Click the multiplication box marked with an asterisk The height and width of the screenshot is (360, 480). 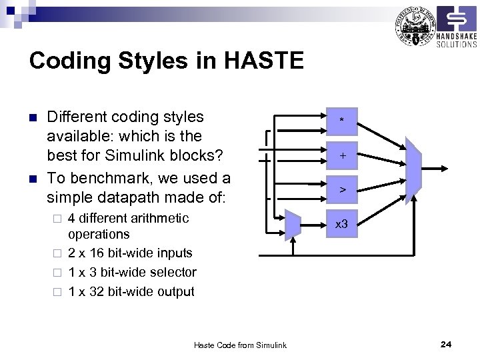tap(341, 121)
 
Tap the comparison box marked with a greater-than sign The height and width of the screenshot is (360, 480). tap(341, 190)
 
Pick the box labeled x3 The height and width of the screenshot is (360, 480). tap(341, 225)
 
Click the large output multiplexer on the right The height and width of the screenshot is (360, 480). tap(413, 167)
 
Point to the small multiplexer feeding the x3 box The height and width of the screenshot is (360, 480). tap(293, 225)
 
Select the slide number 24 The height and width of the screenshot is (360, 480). tap(446, 344)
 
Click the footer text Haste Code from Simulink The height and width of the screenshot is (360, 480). tap(240, 345)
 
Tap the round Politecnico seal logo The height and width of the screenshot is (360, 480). tap(413, 26)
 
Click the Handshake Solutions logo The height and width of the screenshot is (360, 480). tap(457, 27)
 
